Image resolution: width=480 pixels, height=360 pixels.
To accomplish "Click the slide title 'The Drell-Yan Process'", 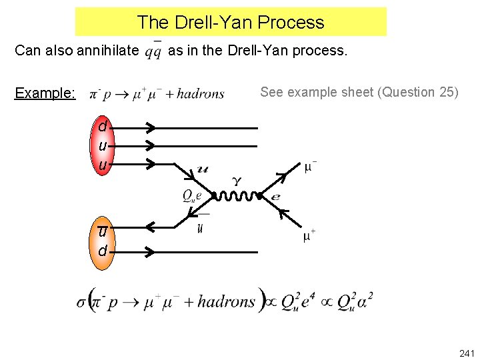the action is [x=231, y=22].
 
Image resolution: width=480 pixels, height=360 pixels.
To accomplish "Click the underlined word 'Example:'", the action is [x=45, y=93].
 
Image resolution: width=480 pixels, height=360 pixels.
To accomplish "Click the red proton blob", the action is [x=102, y=145].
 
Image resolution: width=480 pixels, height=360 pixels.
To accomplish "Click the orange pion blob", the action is [x=102, y=241].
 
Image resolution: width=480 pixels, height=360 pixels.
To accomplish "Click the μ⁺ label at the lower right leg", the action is [x=309, y=236].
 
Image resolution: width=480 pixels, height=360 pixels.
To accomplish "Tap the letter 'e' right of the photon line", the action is [x=275, y=197].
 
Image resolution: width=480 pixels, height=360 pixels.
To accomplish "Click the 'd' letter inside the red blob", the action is [x=102, y=127].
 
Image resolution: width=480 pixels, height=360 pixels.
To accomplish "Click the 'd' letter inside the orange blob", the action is [x=102, y=251].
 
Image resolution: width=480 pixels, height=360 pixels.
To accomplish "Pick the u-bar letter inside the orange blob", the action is [x=102, y=231].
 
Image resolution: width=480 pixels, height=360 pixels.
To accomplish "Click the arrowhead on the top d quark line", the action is [x=150, y=127].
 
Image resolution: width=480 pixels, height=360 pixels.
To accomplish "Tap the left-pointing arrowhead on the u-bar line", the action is [x=150, y=228].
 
